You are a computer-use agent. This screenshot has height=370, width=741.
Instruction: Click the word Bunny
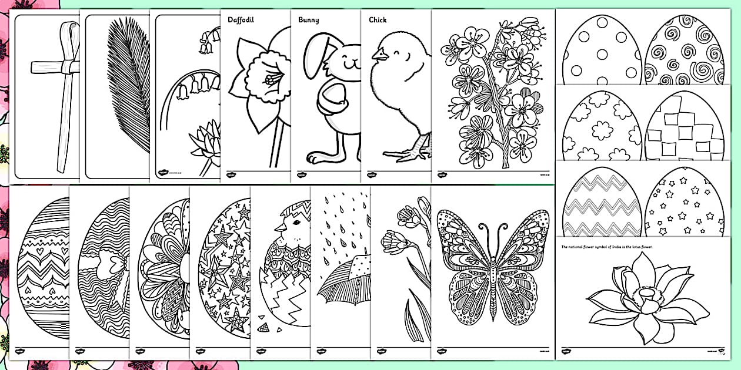click(x=308, y=19)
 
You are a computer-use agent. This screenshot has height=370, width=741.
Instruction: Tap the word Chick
click(x=378, y=19)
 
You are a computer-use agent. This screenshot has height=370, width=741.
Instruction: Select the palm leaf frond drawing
click(x=124, y=94)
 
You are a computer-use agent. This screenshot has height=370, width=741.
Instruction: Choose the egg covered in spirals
click(x=684, y=53)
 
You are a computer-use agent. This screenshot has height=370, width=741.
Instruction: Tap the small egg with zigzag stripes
click(x=602, y=203)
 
